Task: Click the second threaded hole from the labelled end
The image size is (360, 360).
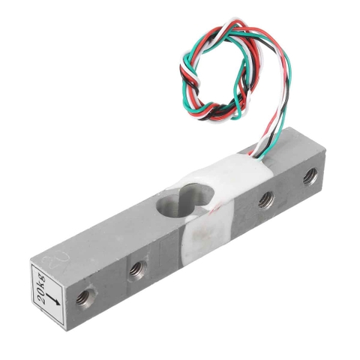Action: (136, 268)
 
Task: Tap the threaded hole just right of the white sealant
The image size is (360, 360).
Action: (265, 199)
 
